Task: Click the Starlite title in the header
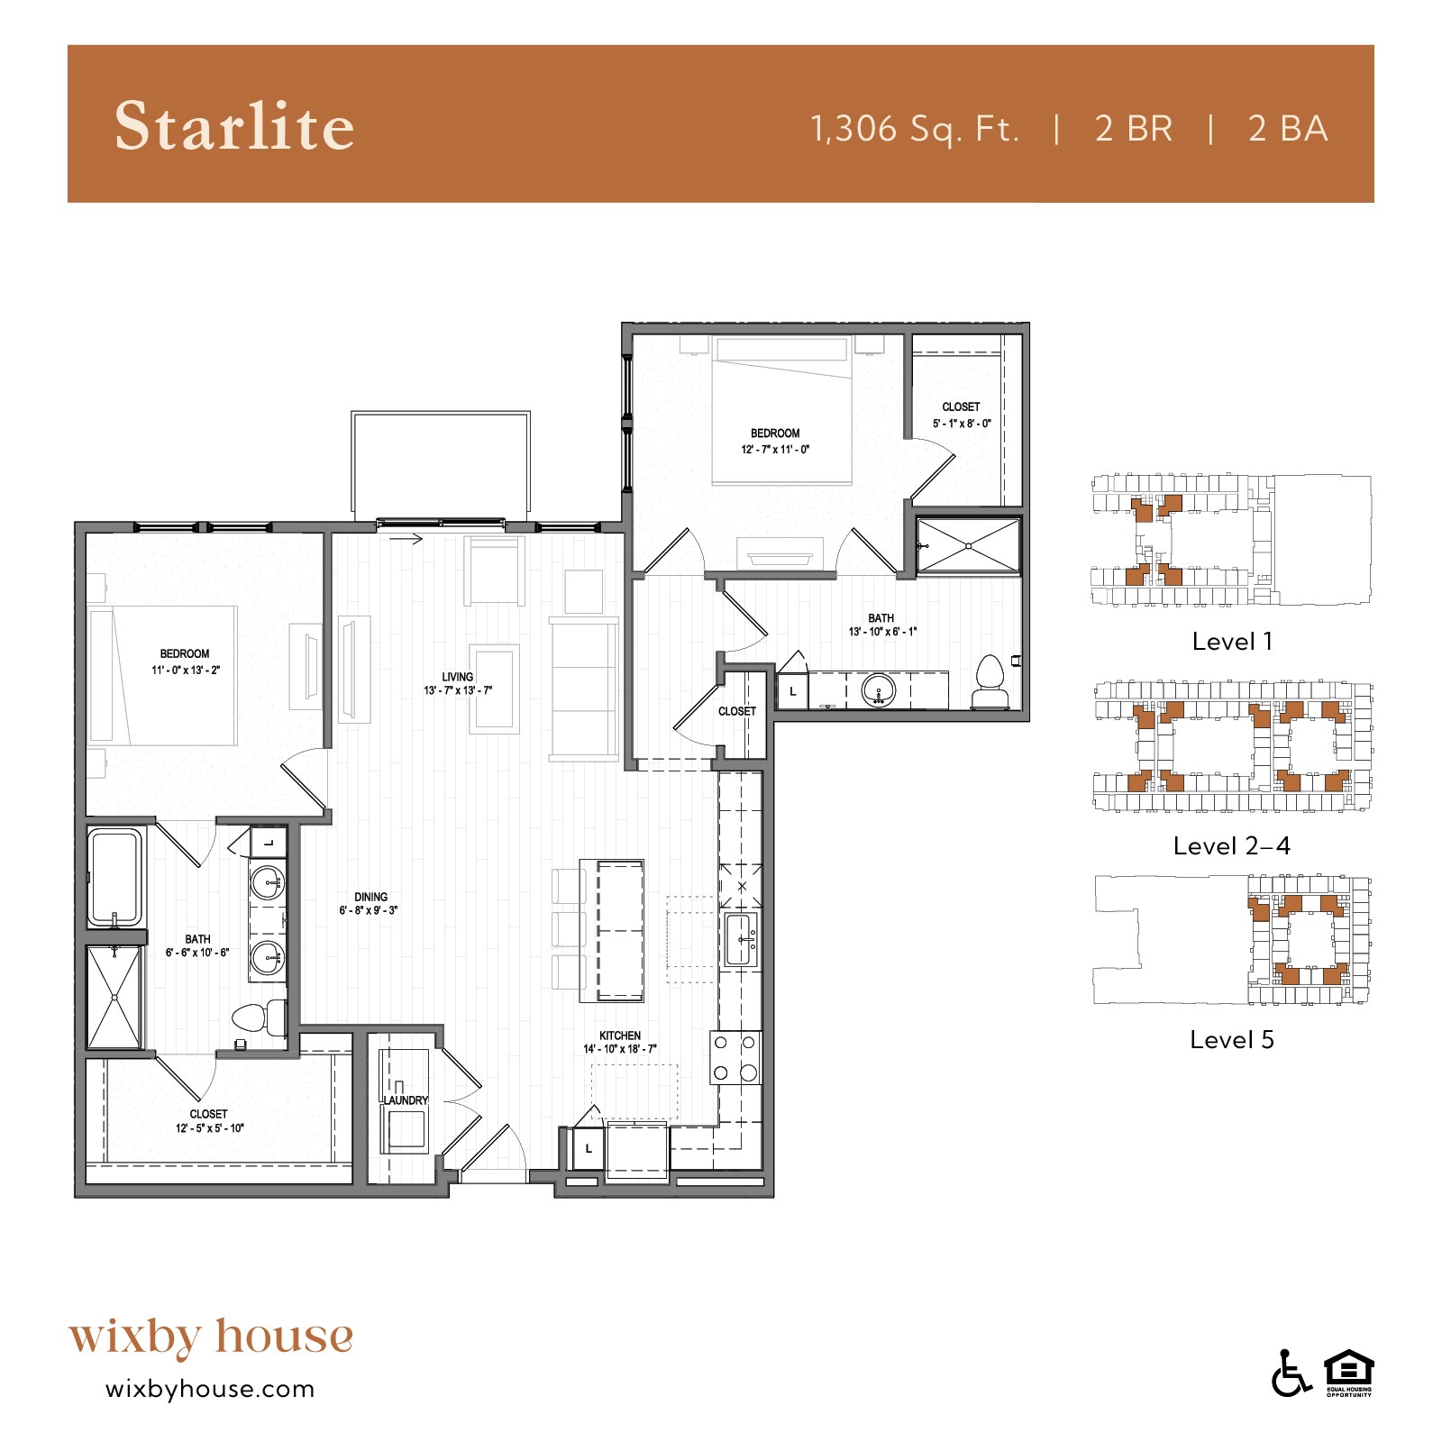(234, 125)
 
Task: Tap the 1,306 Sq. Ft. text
(915, 129)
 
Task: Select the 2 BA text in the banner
(1288, 129)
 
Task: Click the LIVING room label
(458, 677)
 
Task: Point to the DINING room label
(370, 897)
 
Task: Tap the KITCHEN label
(620, 1036)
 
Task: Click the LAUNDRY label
(406, 1100)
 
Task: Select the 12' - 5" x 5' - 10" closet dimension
(209, 1128)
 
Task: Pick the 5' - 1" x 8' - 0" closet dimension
(961, 424)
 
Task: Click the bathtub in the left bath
(115, 877)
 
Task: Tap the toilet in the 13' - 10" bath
(990, 683)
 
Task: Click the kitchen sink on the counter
(741, 939)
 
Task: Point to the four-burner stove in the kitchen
(735, 1058)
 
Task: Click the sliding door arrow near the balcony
(406, 539)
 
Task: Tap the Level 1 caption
(1231, 642)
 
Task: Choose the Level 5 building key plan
(1231, 941)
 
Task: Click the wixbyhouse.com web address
(210, 1389)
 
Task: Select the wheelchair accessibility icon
(1291, 1374)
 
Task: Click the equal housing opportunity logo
(1348, 1372)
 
